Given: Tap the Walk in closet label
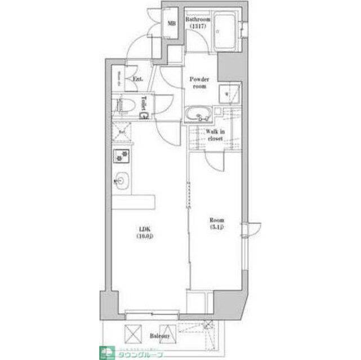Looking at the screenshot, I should [x=215, y=136].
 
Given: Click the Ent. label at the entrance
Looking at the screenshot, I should [x=137, y=79].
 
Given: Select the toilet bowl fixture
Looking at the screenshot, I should [x=124, y=105].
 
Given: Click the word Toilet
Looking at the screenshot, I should [x=144, y=104].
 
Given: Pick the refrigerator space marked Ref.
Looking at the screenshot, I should [x=121, y=133].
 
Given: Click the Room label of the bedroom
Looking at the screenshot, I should [x=217, y=220].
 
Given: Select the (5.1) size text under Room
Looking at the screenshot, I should [x=217, y=227].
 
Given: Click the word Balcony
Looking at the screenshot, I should [x=160, y=336].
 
